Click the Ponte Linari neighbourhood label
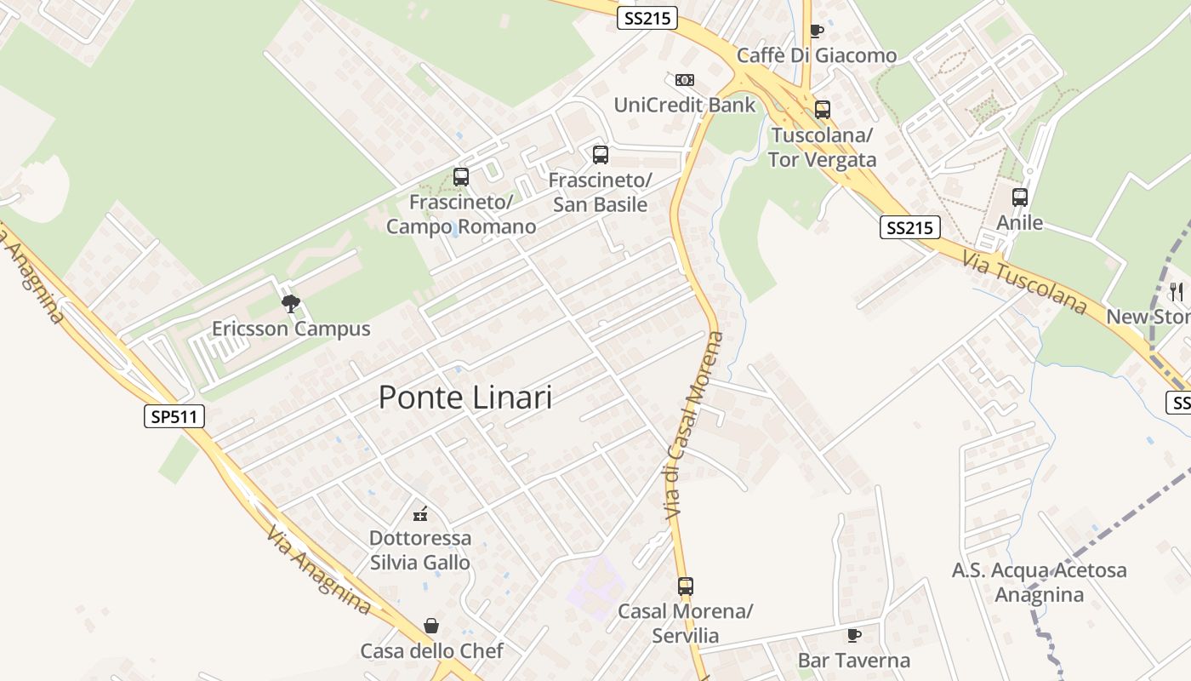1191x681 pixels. pos(464,398)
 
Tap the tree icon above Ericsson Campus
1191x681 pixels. pos(291,303)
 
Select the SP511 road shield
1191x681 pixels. pos(174,416)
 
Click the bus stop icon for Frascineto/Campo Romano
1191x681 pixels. pos(461,177)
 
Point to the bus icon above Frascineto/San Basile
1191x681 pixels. pos(601,155)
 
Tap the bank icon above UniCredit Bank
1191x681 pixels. pos(685,80)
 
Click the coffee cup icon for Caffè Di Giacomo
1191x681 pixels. pos(817,31)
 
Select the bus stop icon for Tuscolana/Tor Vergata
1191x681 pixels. pos(822,110)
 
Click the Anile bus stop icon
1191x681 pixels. pos(1020,197)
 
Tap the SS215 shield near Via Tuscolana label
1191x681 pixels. pos(909,227)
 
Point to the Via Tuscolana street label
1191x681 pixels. pos(1026,281)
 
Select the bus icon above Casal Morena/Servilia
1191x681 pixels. pos(686,587)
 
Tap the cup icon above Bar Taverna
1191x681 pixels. pos(854,635)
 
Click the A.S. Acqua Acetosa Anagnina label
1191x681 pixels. pos(1039,582)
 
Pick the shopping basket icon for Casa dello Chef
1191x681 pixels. pos(432,627)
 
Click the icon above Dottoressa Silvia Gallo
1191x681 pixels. pos(420,513)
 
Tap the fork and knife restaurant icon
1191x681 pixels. pos(1177,292)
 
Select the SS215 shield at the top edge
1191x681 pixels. pos(647,19)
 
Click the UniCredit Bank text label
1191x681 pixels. pos(685,105)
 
